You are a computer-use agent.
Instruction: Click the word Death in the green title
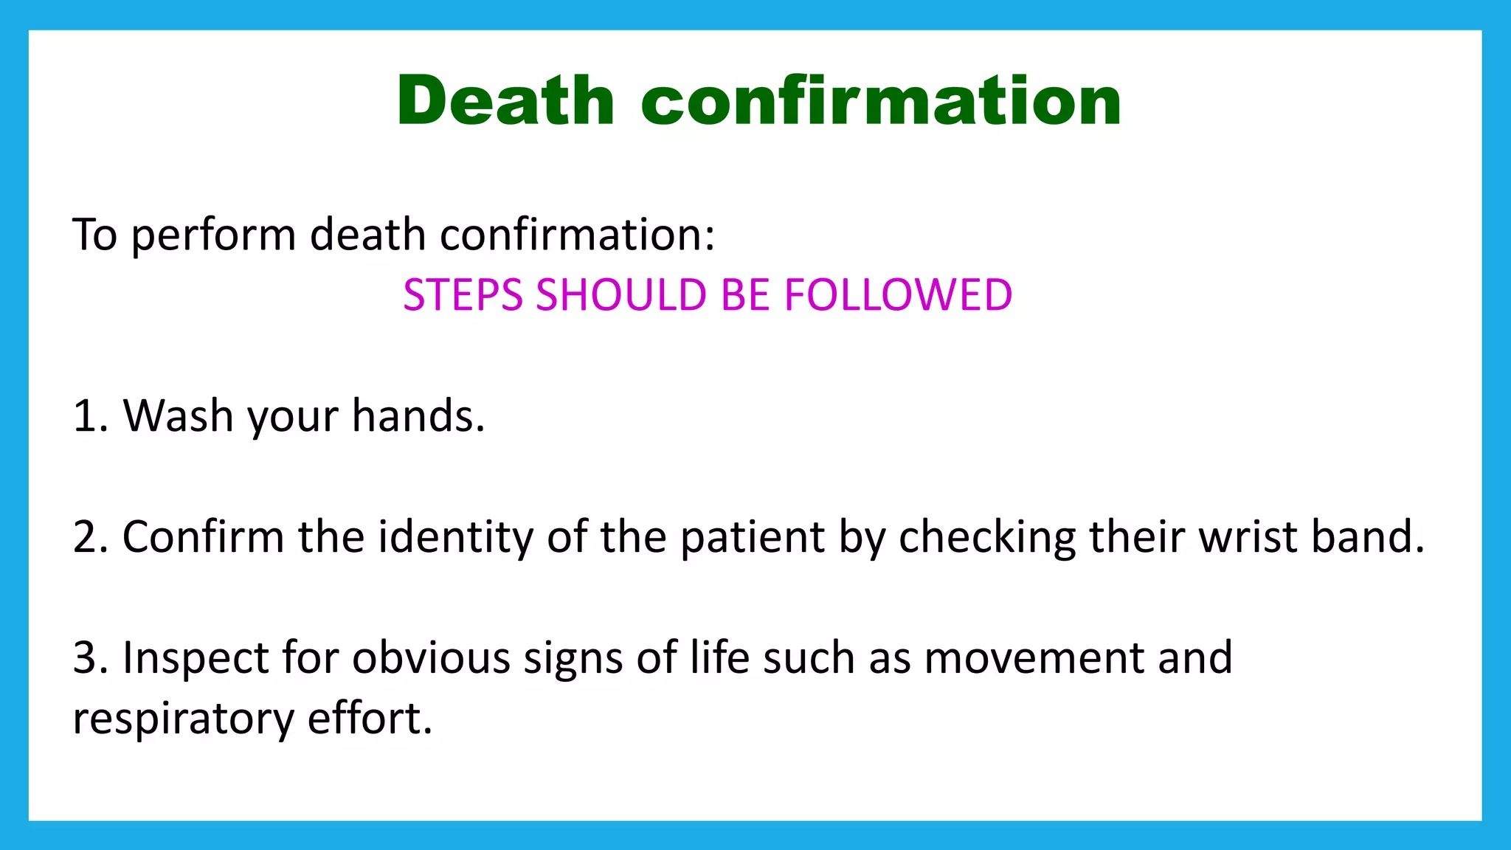[x=505, y=101]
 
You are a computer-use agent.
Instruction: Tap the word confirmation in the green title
[x=881, y=101]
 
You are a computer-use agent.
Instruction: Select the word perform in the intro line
[x=214, y=236]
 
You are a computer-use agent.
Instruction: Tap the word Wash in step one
[x=178, y=416]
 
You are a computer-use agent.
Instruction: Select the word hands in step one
[x=417, y=416]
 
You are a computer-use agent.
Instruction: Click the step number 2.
[x=87, y=536]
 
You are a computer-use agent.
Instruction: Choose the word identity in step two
[x=456, y=536]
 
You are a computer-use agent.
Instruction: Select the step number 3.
[x=87, y=657]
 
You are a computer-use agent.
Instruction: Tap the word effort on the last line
[x=369, y=718]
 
